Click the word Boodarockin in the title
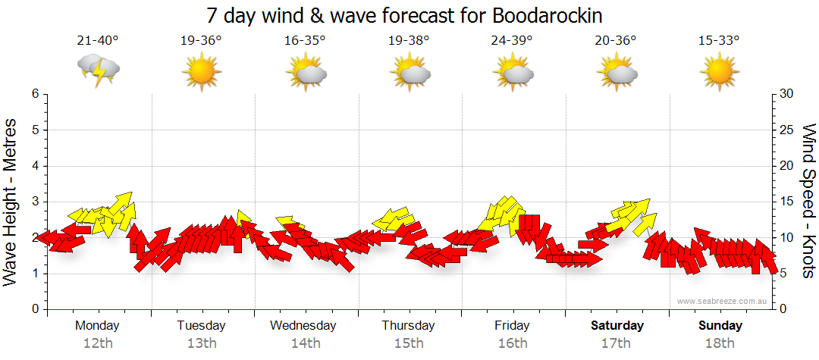(x=552, y=16)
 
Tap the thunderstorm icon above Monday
(x=99, y=70)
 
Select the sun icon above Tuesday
(x=201, y=73)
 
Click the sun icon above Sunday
(x=719, y=73)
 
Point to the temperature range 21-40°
(x=98, y=41)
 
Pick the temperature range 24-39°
(x=513, y=41)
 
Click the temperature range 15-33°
(x=719, y=41)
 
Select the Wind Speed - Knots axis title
(x=808, y=202)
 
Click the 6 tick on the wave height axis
(x=35, y=94)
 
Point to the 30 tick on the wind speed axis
(x=787, y=94)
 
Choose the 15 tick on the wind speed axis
(x=787, y=202)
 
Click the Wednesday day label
(x=303, y=326)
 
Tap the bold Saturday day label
(x=617, y=326)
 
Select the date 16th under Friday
(x=513, y=343)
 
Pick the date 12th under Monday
(x=98, y=343)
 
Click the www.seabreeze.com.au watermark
(x=723, y=301)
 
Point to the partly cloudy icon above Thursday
(x=409, y=73)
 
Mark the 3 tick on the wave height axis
(x=35, y=202)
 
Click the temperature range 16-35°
(x=305, y=41)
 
